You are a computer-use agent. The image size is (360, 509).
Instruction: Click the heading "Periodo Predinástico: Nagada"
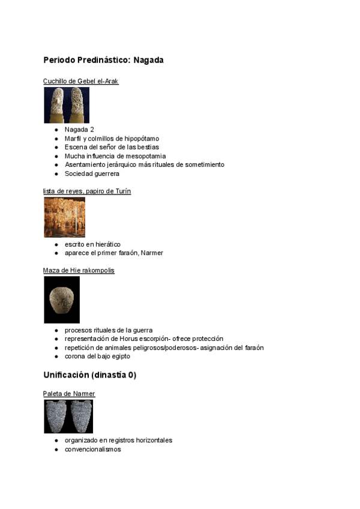click(103, 61)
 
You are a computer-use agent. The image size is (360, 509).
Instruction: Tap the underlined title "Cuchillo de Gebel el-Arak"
click(81, 81)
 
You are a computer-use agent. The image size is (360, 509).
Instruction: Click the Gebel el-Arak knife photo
click(67, 105)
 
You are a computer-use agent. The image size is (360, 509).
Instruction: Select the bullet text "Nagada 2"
click(79, 130)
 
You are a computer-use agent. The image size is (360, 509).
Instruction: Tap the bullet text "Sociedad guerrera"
click(92, 173)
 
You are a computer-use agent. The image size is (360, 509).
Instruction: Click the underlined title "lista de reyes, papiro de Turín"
click(87, 191)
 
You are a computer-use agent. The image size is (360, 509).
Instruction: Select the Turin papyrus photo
click(64, 217)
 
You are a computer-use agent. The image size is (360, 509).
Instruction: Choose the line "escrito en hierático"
click(92, 244)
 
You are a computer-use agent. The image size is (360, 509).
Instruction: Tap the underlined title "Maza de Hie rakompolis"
click(79, 271)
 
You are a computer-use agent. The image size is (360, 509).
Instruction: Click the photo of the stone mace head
click(62, 300)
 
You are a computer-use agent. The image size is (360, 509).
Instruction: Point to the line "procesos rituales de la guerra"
click(109, 330)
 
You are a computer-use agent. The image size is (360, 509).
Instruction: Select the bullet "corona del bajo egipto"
click(97, 357)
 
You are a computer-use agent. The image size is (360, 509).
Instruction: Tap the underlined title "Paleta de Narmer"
click(69, 394)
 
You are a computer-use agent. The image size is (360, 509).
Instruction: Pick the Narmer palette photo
click(68, 416)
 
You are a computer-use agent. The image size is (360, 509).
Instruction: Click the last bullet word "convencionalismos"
click(93, 449)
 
